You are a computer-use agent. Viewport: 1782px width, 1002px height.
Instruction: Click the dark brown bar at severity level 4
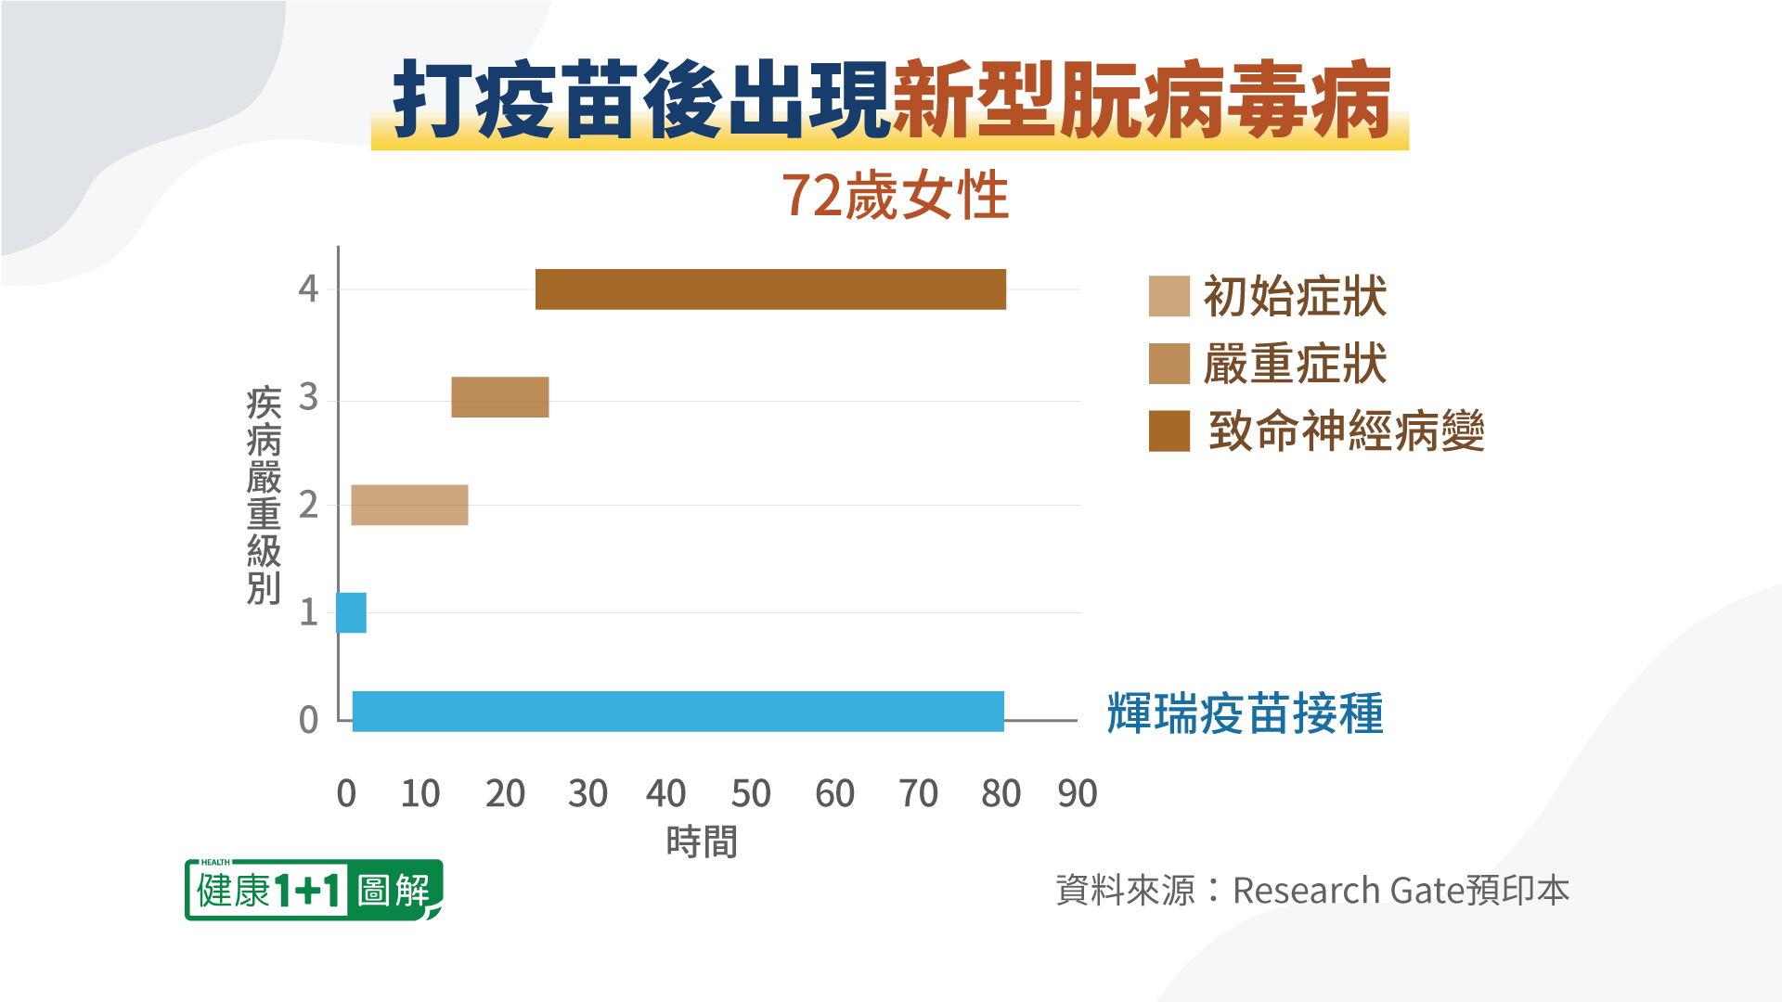[770, 289]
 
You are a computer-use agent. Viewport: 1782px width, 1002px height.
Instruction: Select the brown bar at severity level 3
[499, 397]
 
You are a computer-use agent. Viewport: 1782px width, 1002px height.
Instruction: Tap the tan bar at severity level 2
[409, 505]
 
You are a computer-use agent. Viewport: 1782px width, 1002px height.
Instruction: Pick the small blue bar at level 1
[352, 612]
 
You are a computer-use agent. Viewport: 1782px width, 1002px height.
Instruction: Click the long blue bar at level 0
[678, 712]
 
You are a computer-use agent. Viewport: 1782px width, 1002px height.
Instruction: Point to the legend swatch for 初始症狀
[1169, 297]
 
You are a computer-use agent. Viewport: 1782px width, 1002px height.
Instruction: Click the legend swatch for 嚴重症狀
[1169, 364]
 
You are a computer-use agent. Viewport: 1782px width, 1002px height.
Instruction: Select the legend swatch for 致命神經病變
[1169, 431]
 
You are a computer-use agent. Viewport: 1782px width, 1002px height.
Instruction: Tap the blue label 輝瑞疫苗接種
[1245, 713]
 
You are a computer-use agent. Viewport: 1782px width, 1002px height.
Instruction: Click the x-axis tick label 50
[750, 794]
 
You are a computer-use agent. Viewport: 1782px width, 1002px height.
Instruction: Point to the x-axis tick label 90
[1077, 794]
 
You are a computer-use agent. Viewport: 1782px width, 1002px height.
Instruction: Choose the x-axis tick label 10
[420, 794]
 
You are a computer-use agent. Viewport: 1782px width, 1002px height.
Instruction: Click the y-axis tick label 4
[308, 289]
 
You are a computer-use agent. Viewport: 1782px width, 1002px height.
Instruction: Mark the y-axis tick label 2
[308, 506]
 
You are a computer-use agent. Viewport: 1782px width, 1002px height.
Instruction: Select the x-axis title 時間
[702, 842]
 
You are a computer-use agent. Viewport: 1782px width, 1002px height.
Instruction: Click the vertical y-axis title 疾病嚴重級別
[264, 495]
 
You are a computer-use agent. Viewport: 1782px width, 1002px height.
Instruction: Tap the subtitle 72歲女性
[895, 196]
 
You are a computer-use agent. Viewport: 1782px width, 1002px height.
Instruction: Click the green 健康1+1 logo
[313, 890]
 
